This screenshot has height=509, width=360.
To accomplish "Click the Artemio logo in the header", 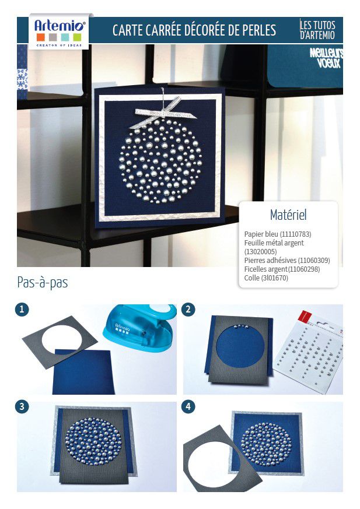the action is (x=59, y=31).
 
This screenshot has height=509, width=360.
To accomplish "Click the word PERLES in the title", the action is (x=259, y=30).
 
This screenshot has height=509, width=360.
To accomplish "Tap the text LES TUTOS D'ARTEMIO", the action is (x=317, y=30).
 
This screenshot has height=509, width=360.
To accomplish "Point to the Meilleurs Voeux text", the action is (x=326, y=58).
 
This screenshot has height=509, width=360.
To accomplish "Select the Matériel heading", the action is (x=288, y=215).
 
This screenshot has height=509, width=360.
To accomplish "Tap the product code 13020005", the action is (x=261, y=251).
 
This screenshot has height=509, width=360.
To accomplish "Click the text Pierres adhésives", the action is (x=270, y=261).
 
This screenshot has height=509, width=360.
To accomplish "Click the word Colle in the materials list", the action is (x=252, y=278).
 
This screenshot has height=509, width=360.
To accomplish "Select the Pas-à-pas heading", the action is (x=43, y=282).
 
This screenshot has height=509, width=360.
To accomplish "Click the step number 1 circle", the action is (x=22, y=310).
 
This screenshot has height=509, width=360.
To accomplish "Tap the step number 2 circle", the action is (x=188, y=310).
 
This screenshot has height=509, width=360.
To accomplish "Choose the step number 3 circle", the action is (x=22, y=406).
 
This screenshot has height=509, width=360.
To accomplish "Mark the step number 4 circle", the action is (x=188, y=406).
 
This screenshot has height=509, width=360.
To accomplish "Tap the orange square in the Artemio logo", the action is (x=40, y=37).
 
